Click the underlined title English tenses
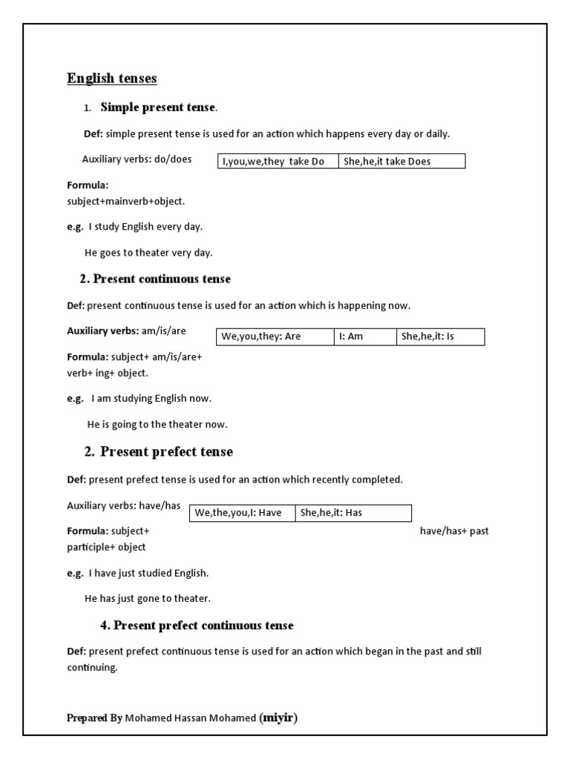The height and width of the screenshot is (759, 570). point(112,79)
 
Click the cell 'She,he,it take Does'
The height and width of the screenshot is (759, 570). point(402,162)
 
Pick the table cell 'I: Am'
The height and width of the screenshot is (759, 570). point(364,337)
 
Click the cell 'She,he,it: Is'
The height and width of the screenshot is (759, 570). point(439,337)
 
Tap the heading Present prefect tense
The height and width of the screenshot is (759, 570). point(166,452)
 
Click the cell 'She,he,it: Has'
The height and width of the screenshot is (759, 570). point(353,513)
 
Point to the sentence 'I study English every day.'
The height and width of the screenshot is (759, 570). point(145,227)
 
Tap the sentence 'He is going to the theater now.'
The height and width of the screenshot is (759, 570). point(157,425)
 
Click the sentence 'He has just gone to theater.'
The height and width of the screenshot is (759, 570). point(148,598)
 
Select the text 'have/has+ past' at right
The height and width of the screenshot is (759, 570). point(454,531)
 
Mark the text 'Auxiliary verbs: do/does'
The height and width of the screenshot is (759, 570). point(137,159)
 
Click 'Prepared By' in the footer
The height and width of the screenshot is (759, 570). point(94,718)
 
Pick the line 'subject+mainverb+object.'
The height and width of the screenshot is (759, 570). point(126,201)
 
